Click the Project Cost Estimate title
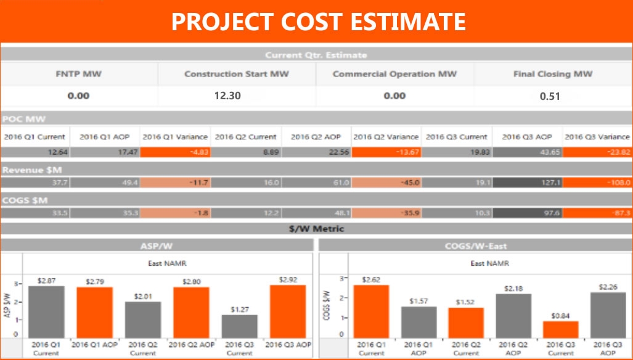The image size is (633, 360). (317, 22)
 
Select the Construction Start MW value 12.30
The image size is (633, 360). (227, 96)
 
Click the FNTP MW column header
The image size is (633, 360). (79, 74)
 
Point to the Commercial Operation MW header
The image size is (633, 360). (394, 74)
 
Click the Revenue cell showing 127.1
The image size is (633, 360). (527, 182)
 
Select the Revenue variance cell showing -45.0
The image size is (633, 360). (386, 182)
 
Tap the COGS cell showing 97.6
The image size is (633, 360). (527, 213)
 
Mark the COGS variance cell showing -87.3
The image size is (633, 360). (597, 213)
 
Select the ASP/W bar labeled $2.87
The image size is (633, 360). (46, 311)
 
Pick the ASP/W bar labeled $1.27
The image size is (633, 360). (240, 325)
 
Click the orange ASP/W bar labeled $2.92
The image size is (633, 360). (287, 311)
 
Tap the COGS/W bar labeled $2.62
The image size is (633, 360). (371, 311)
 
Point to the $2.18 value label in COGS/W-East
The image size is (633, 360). (513, 288)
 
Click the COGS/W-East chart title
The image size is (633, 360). (475, 246)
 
